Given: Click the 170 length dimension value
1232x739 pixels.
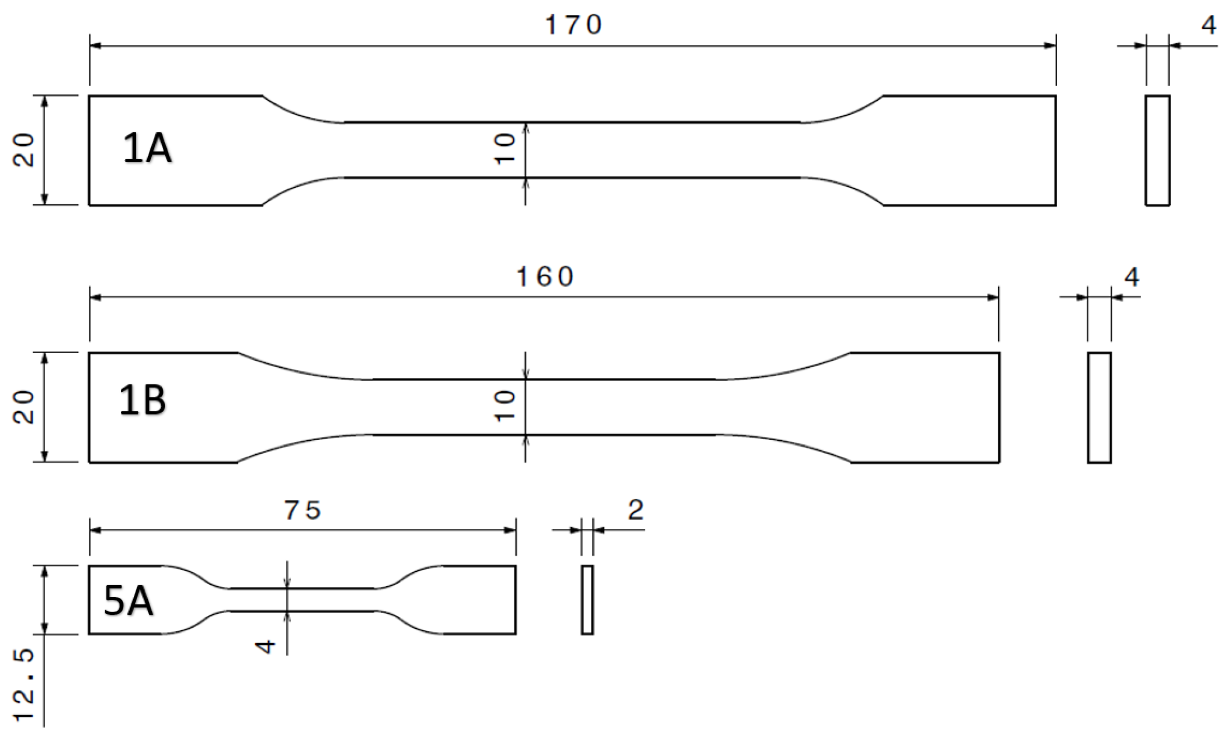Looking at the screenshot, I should [x=573, y=25].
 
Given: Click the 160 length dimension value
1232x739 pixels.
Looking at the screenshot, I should [x=545, y=277].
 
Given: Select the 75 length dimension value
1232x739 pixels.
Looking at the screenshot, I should [x=302, y=510].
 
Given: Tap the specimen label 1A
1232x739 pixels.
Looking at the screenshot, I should [x=147, y=148].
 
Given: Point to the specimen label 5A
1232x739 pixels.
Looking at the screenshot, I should [x=128, y=601].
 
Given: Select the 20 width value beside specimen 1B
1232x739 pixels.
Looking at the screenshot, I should [x=24, y=407].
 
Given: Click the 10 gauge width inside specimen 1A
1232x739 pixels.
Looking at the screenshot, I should [x=504, y=149].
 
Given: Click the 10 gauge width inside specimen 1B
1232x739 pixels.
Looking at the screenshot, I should [x=504, y=406].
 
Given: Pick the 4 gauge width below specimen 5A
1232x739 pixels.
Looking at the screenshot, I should [x=265, y=647].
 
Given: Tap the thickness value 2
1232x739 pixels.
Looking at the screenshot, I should [x=636, y=510].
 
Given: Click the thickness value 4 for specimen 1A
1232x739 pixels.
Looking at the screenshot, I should [x=1209, y=26].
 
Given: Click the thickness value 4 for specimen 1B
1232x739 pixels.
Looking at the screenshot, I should [x=1132, y=277].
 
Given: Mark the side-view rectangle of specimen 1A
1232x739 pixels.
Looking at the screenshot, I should [x=1157, y=151].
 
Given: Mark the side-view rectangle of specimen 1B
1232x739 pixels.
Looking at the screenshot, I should [x=1099, y=407].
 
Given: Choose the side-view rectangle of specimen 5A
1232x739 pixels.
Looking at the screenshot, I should [x=587, y=600].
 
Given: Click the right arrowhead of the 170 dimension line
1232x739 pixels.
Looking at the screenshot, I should [x=1050, y=46].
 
